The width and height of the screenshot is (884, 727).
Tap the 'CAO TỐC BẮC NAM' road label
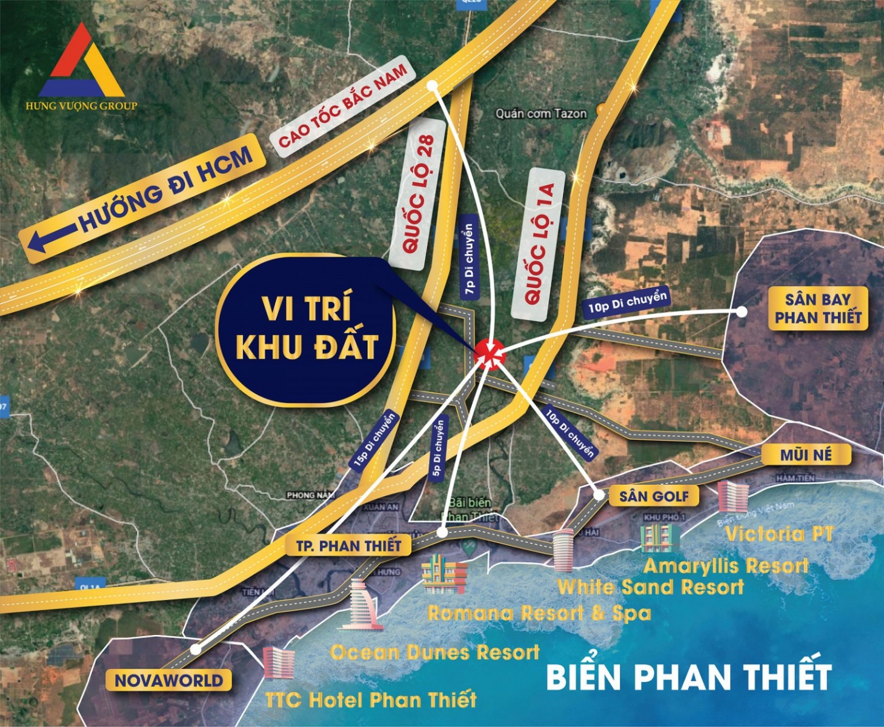coord(342,109)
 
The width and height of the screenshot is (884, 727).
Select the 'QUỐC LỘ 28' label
coord(419,193)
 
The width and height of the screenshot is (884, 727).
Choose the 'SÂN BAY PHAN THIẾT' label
coord(817,308)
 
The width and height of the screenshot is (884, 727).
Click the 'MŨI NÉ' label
coord(805,454)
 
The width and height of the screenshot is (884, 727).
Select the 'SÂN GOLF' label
coord(654,497)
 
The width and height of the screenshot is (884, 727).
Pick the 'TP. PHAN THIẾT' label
coord(348,546)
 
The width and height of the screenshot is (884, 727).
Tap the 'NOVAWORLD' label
coord(168,680)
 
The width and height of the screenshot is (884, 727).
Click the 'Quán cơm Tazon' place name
coord(540,113)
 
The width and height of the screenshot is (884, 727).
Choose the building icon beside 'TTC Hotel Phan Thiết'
coord(279,662)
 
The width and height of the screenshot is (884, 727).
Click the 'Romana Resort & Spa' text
coord(539,613)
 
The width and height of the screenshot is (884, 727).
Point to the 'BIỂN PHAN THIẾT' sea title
coord(688,676)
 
